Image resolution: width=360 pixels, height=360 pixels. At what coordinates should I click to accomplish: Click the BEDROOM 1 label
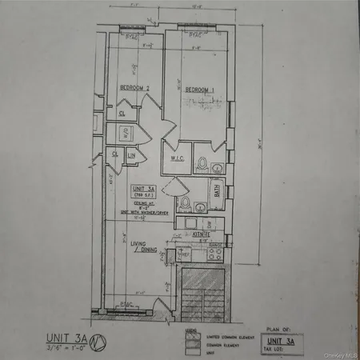[x=200, y=89]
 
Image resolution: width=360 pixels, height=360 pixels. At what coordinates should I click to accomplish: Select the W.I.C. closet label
[x=178, y=157]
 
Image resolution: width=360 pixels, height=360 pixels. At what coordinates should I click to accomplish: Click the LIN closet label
[x=130, y=154]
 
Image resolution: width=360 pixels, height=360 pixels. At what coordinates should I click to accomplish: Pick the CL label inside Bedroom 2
[x=122, y=114]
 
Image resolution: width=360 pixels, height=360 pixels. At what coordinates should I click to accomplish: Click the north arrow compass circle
[x=99, y=339]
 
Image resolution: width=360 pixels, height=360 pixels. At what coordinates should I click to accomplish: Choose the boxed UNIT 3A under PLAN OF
[x=275, y=339]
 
